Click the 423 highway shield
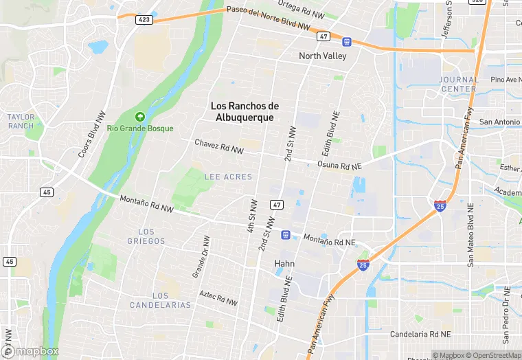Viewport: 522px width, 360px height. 144,20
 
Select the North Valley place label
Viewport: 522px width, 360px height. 322,56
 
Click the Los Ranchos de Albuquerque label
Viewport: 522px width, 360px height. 245,111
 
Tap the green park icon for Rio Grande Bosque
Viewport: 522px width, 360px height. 141,117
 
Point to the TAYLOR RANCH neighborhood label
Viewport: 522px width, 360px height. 21,122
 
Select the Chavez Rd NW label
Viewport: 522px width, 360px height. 219,146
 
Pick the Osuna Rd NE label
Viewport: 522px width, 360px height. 339,166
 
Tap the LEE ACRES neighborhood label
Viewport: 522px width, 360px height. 228,177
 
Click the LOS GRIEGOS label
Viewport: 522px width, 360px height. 146,236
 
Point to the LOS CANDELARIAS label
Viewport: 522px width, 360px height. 159,300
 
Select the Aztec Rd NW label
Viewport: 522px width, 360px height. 218,298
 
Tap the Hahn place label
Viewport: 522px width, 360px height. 284,263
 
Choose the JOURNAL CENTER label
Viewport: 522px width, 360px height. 458,85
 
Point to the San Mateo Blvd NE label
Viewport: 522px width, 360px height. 471,234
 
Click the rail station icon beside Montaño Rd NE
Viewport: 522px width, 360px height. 285,235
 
